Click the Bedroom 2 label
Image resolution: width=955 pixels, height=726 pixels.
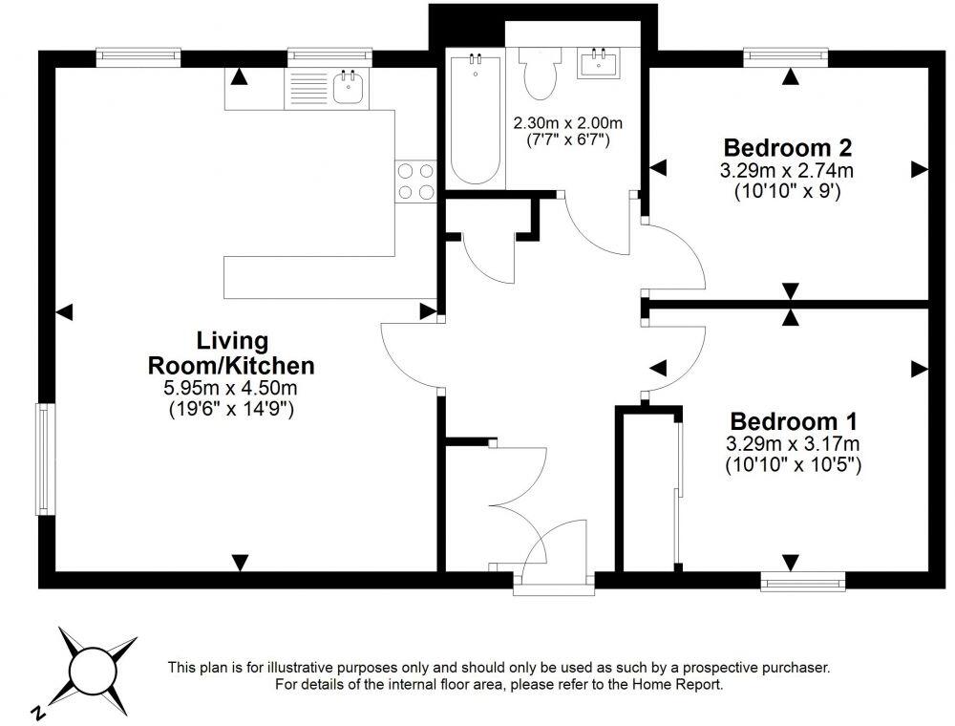[x=787, y=147]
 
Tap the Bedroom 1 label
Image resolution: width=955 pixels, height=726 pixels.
[x=793, y=421]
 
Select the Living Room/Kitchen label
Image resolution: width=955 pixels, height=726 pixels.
[x=231, y=353]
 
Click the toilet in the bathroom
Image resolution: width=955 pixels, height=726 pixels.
[x=540, y=74]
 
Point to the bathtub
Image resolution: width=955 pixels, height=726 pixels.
[x=475, y=118]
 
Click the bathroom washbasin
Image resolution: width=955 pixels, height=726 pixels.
[x=600, y=63]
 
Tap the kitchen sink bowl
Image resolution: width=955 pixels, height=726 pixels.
[x=349, y=88]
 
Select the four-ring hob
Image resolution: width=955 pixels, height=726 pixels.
[x=416, y=181]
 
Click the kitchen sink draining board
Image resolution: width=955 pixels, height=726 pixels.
[x=308, y=88]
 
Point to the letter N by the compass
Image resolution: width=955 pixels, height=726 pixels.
[x=38, y=712]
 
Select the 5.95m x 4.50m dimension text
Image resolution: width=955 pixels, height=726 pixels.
[x=230, y=387]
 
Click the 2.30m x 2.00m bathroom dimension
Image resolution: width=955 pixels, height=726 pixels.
[x=567, y=123]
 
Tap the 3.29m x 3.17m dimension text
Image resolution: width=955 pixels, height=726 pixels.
[x=793, y=443]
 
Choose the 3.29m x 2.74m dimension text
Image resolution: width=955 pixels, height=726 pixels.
[x=787, y=171]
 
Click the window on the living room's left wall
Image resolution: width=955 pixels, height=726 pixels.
[x=43, y=459]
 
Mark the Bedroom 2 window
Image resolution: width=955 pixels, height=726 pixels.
[x=786, y=56]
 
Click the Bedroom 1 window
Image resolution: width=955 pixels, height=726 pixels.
[x=803, y=583]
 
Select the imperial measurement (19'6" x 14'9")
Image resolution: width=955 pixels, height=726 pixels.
[x=231, y=409]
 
